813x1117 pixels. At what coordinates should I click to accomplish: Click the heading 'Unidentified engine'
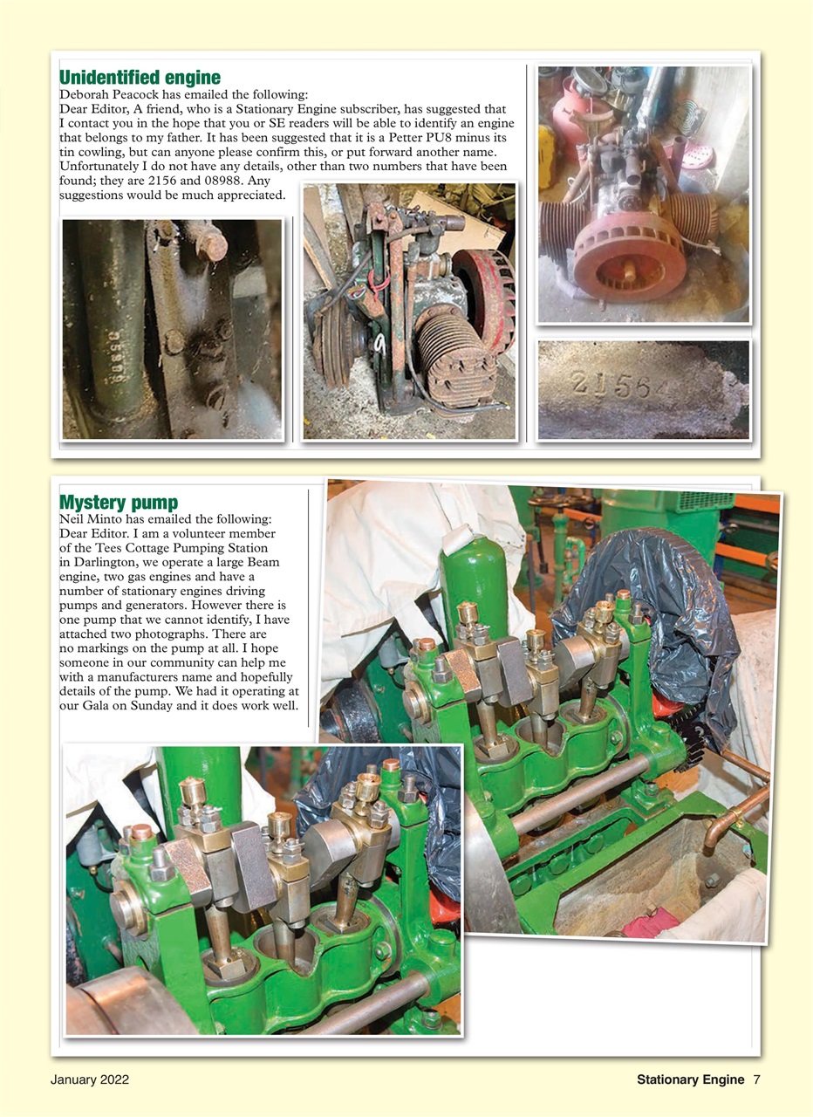pos(140,78)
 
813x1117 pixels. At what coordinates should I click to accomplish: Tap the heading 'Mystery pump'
pos(118,503)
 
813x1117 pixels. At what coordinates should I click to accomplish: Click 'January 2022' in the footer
pos(90,1079)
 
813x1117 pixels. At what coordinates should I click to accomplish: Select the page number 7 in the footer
pos(756,1079)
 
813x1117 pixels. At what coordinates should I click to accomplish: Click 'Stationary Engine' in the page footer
pos(690,1079)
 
